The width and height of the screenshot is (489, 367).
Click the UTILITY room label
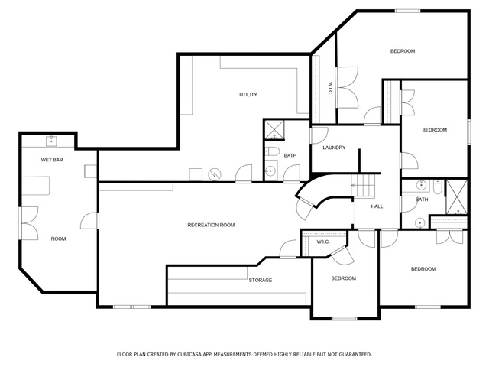click(248, 95)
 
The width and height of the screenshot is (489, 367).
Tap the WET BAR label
click(52, 160)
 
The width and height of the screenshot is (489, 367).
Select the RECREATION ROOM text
click(211, 225)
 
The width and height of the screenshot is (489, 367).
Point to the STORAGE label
click(261, 281)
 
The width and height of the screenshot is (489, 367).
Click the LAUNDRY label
click(334, 148)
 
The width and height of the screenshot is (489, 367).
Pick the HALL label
click(377, 206)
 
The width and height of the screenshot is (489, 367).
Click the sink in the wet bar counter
click(51, 141)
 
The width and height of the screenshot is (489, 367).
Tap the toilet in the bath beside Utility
click(272, 152)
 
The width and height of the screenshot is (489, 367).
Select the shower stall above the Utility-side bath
click(274, 130)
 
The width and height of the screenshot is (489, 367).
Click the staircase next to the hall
click(363, 186)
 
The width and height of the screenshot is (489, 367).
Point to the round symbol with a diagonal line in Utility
click(215, 174)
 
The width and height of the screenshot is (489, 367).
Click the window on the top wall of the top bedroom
click(407, 11)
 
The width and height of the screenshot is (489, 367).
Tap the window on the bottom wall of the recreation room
click(131, 307)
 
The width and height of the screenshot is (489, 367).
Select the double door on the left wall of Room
click(29, 223)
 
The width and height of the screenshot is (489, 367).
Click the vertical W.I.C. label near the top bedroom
click(330, 89)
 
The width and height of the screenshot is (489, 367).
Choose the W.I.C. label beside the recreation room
click(323, 242)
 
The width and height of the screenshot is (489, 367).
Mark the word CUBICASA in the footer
click(190, 354)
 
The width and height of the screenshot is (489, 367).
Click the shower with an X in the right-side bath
click(457, 197)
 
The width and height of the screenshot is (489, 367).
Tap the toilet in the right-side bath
click(438, 187)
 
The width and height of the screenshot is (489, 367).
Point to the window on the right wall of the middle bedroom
click(468, 132)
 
